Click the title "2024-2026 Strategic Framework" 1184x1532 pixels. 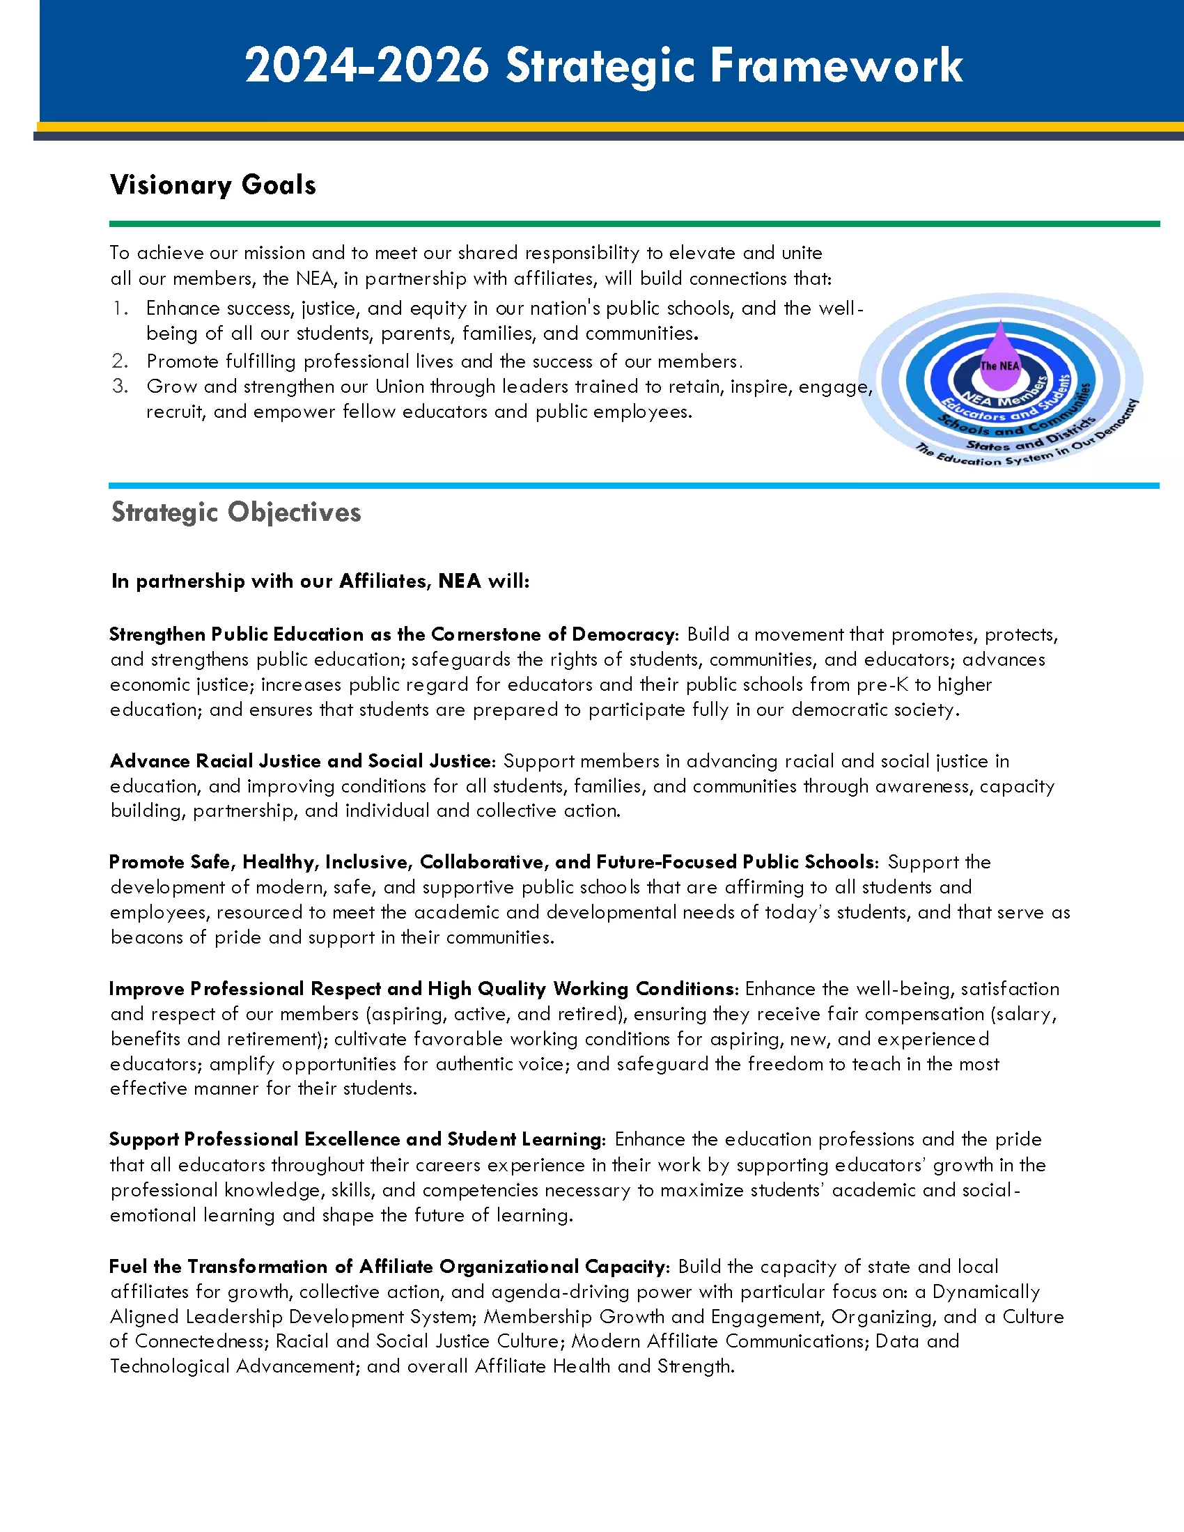(603, 66)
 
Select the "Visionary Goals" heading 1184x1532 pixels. (213, 185)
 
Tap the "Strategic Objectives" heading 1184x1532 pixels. (235, 512)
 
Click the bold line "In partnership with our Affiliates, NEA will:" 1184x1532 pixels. (320, 581)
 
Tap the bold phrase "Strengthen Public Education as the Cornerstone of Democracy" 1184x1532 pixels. (391, 635)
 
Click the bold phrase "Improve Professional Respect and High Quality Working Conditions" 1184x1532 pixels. (422, 989)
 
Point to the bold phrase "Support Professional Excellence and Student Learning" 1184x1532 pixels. (356, 1139)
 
